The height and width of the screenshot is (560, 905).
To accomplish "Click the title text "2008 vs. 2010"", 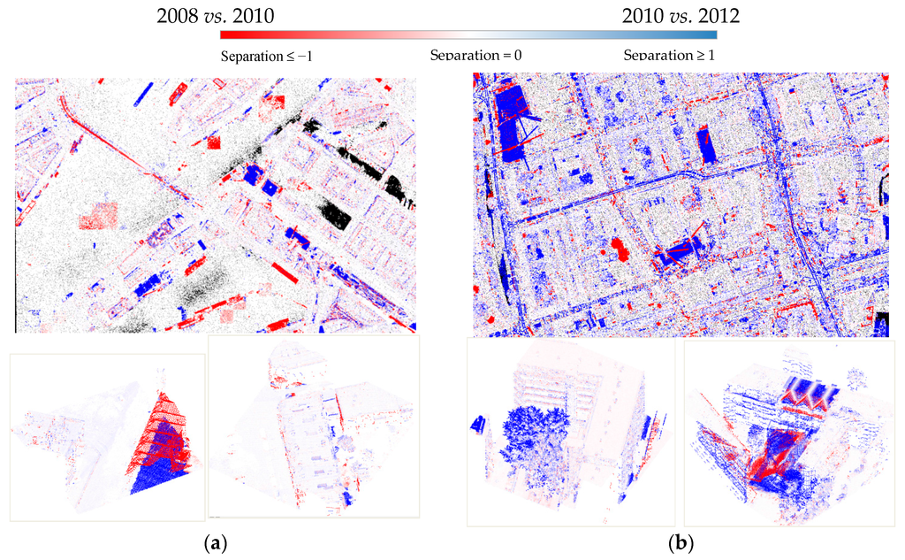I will tap(214, 15).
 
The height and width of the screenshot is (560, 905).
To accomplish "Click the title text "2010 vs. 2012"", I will tap(681, 15).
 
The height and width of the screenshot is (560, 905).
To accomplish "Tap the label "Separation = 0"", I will tap(475, 56).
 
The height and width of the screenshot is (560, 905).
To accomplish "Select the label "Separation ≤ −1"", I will tap(266, 56).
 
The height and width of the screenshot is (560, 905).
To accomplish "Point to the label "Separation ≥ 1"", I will tap(669, 56).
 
